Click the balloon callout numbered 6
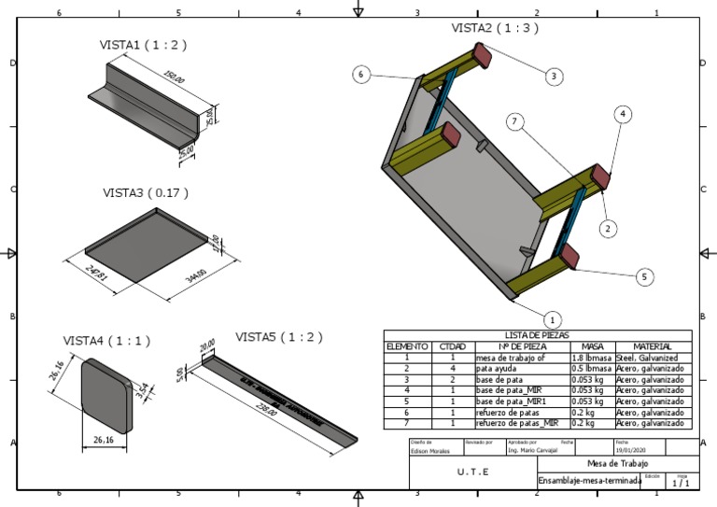point(362,75)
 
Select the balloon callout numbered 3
point(554,76)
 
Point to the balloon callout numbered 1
point(551,318)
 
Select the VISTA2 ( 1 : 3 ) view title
point(494,28)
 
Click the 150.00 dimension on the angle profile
point(173,74)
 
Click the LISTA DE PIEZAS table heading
point(538,335)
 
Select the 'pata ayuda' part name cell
point(495,368)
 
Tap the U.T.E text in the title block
point(472,472)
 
